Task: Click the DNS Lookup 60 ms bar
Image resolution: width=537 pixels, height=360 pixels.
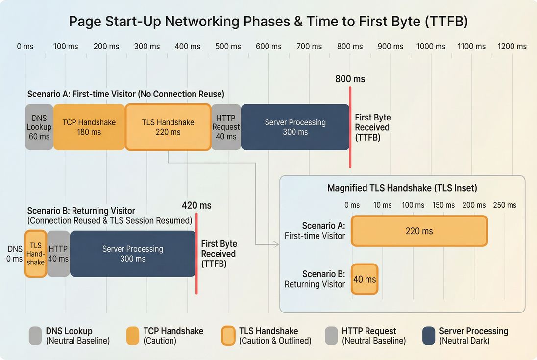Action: click(x=39, y=127)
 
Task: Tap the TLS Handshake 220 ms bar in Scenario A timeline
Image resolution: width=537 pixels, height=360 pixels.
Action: click(x=168, y=127)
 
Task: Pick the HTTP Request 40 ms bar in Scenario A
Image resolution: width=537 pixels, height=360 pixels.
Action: click(x=226, y=127)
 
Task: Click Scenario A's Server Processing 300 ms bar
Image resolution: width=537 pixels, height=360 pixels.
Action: click(x=295, y=127)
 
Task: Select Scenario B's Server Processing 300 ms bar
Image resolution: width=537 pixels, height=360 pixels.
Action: click(x=133, y=254)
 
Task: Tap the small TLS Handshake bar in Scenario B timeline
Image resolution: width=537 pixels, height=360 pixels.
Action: click(x=36, y=254)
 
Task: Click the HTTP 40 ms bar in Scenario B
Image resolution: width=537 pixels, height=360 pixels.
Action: click(x=58, y=254)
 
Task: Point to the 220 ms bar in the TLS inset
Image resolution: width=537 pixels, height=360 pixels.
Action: click(x=419, y=231)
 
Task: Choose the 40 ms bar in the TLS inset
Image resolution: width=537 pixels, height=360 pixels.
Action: click(x=365, y=279)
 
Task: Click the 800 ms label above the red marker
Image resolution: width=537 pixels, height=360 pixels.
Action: click(x=350, y=79)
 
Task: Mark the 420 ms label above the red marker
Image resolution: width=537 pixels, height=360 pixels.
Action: click(x=196, y=205)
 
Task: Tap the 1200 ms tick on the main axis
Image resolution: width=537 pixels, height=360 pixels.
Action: click(x=512, y=47)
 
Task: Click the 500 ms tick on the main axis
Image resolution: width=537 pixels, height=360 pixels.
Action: click(x=228, y=47)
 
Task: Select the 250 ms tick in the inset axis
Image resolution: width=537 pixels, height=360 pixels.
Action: click(x=504, y=205)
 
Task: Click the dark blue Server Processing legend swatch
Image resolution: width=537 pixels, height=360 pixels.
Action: click(x=428, y=336)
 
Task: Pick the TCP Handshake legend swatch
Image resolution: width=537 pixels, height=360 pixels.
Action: click(x=132, y=336)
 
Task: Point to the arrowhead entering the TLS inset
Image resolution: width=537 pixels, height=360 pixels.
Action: click(x=276, y=244)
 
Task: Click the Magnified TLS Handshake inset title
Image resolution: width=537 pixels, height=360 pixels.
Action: click(x=402, y=188)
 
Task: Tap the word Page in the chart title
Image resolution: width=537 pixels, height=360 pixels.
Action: click(x=81, y=22)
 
